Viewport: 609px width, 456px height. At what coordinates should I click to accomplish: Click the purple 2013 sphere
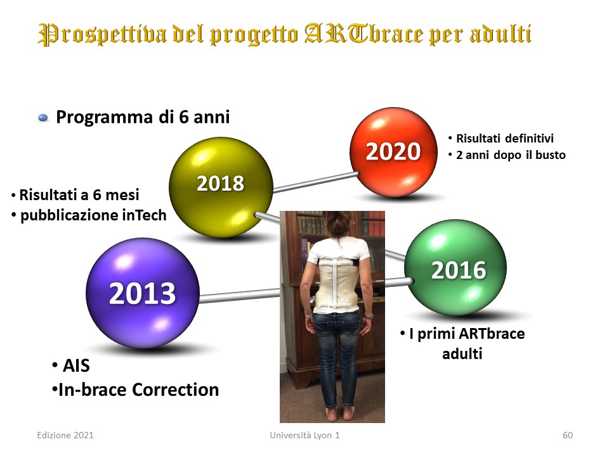tap(143, 293)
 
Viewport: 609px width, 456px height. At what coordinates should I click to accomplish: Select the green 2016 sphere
tap(455, 267)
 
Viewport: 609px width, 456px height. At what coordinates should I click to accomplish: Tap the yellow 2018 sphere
tap(221, 187)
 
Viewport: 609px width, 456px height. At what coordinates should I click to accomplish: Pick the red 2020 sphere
tap(393, 151)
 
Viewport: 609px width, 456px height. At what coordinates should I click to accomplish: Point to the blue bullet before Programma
tap(43, 118)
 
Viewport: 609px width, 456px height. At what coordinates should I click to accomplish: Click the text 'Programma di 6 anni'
tap(143, 117)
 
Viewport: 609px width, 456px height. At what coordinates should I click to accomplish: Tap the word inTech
tap(144, 215)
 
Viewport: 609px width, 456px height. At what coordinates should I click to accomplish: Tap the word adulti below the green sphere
tap(462, 353)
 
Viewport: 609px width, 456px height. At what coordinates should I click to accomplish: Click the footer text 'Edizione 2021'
tap(65, 435)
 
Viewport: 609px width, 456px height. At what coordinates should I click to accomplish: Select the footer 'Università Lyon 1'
tap(305, 435)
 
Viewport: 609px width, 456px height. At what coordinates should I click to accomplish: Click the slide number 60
tap(567, 435)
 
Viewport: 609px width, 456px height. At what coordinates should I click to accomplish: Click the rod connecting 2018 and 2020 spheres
tap(315, 182)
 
